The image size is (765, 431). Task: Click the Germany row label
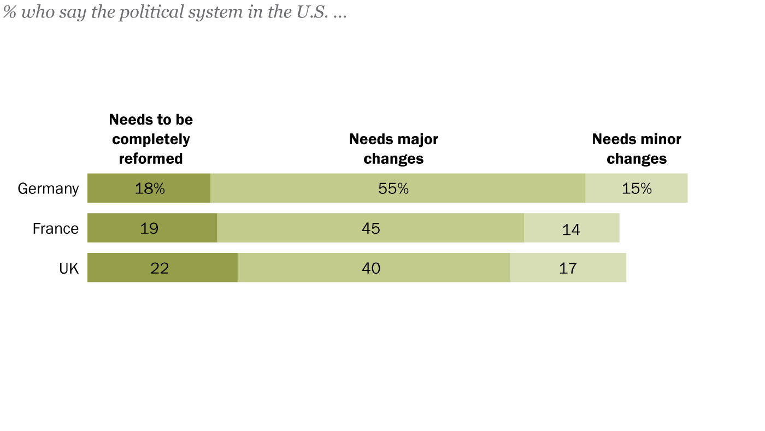(48, 188)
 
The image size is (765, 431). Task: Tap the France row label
(55, 228)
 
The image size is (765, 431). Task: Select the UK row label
(68, 268)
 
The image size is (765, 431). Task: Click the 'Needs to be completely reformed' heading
(151, 139)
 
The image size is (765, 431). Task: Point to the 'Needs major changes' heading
(393, 149)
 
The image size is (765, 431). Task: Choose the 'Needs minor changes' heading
(637, 149)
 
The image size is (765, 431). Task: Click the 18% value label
(150, 188)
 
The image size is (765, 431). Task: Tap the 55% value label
(393, 188)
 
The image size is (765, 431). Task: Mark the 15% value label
(637, 188)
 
